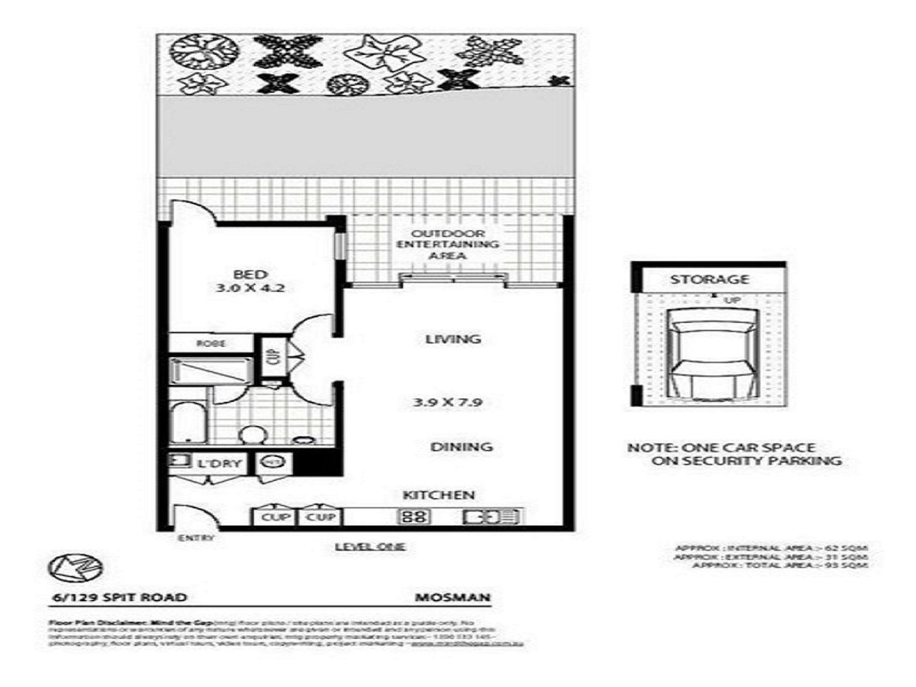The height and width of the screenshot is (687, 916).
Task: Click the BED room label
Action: point(250,274)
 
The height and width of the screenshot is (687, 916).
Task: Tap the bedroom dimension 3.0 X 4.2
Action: point(250,289)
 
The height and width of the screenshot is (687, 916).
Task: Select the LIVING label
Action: point(453,339)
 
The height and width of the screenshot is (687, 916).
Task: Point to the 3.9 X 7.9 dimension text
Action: point(447,402)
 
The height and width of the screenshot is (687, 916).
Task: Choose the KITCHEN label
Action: point(439,494)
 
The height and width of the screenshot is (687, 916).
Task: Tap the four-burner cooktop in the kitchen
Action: point(414,516)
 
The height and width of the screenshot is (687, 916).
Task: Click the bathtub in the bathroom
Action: point(188,422)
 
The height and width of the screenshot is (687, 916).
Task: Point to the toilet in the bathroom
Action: point(251,435)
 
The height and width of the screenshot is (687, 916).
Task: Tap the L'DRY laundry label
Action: point(220,464)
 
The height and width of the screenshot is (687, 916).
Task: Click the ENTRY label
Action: point(195,538)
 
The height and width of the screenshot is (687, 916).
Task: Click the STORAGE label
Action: point(709,279)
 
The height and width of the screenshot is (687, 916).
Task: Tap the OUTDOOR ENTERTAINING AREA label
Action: point(448,245)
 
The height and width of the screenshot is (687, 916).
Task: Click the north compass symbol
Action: point(75,567)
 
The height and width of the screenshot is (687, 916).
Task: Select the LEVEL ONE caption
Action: point(370,547)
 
